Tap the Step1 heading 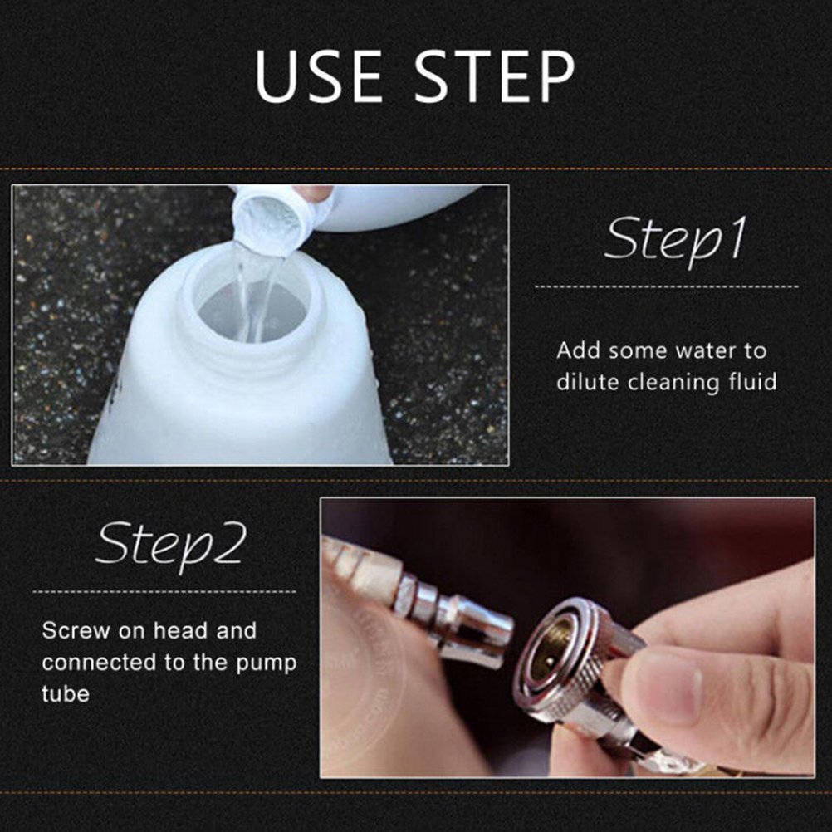675,240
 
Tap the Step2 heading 171,545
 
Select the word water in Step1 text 704,350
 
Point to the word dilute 588,382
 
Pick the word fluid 753,382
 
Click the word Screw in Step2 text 76,631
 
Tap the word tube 66,694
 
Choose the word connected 100,663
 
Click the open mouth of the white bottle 252,308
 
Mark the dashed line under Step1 667,286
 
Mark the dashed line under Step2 164,591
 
